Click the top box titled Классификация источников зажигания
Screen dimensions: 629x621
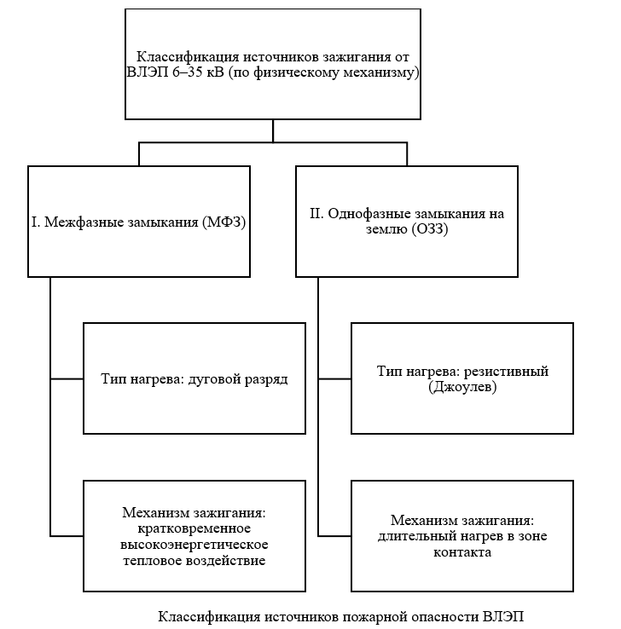click(273, 65)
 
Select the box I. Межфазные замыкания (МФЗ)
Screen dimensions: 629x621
click(139, 222)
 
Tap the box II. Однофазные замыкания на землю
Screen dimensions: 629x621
click(406, 222)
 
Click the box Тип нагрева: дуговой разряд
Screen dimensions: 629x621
click(194, 378)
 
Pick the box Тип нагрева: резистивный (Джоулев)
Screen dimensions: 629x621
click(461, 378)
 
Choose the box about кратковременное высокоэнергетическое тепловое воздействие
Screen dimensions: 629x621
click(194, 536)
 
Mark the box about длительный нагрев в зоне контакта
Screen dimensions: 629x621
click(461, 536)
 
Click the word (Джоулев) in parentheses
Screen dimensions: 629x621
click(461, 387)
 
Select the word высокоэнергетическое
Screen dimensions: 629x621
click(194, 544)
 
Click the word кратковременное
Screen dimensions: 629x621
click(194, 528)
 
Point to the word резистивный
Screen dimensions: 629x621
click(510, 372)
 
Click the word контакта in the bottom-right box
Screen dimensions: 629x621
click(461, 551)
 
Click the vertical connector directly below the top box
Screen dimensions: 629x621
click(273, 130)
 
